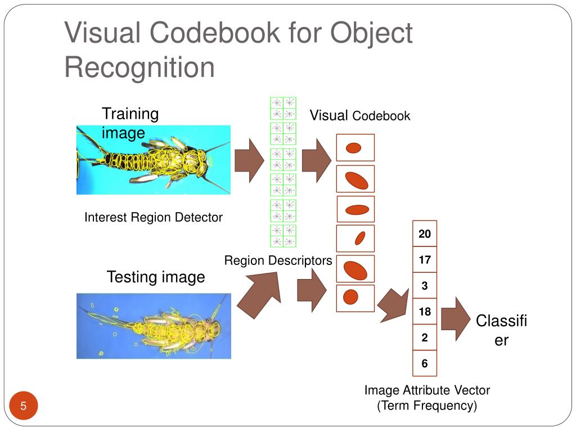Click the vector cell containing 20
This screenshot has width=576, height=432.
(x=425, y=234)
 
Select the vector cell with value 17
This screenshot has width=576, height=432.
(x=425, y=260)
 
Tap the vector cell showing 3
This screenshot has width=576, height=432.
(x=425, y=286)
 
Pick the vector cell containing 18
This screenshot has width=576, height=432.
(x=425, y=312)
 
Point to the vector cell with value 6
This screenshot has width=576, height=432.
(x=425, y=363)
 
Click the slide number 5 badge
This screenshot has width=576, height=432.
(x=24, y=406)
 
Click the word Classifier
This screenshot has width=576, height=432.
(x=501, y=330)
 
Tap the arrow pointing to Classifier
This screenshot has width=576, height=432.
(x=455, y=319)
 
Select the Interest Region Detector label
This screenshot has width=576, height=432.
(x=154, y=217)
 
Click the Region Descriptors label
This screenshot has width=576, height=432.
(x=278, y=260)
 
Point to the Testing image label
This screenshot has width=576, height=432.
(x=156, y=277)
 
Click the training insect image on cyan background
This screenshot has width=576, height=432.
(x=154, y=160)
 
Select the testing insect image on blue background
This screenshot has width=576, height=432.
(x=154, y=326)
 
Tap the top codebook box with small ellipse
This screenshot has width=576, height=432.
(x=355, y=148)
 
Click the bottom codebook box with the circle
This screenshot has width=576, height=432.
(x=355, y=298)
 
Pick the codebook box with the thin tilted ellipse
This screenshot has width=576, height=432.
(x=355, y=238)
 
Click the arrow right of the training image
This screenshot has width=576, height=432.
(x=249, y=160)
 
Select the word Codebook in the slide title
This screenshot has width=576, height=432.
(x=215, y=33)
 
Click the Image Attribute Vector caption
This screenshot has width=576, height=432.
(x=427, y=390)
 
